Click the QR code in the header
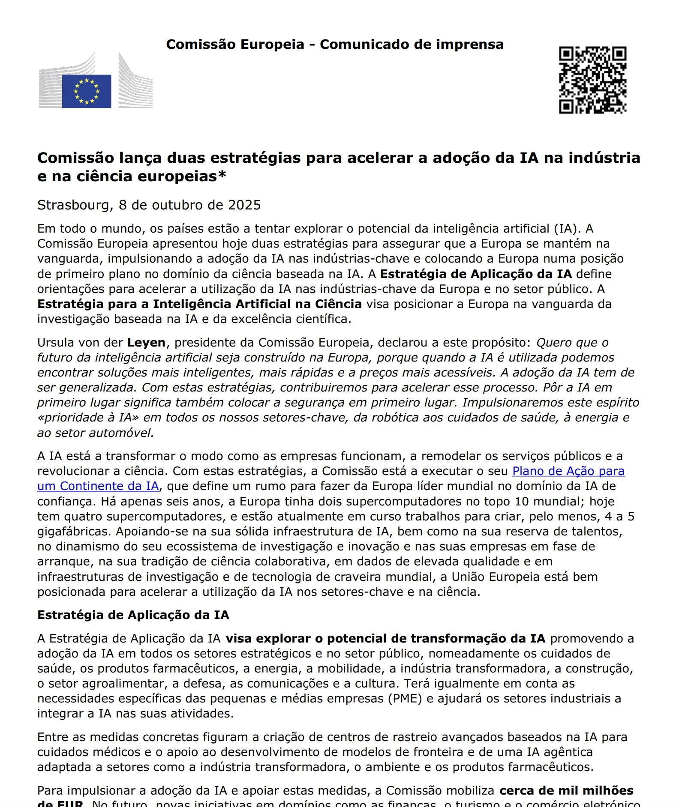tap(592, 80)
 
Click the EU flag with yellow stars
tap(87, 91)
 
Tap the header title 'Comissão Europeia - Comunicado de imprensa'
tap(334, 45)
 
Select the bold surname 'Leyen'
tap(146, 343)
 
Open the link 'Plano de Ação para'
tap(568, 471)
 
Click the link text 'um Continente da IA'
tap(98, 486)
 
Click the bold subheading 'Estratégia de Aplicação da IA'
tap(133, 615)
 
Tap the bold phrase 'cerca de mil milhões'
tap(566, 791)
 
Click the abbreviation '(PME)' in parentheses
tap(405, 699)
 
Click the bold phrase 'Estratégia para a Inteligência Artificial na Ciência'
tap(199, 304)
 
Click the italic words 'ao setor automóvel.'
tap(95, 433)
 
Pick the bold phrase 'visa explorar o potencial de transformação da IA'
tap(385, 639)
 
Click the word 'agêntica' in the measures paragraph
tap(568, 752)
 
